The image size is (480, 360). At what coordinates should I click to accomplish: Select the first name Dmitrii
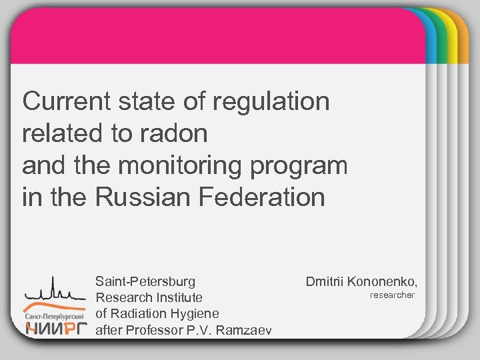tap(325, 281)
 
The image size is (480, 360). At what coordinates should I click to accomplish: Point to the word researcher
tap(392, 295)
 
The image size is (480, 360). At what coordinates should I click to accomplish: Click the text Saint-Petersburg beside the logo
tap(145, 281)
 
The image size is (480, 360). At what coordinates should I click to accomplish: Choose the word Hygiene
tap(193, 313)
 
